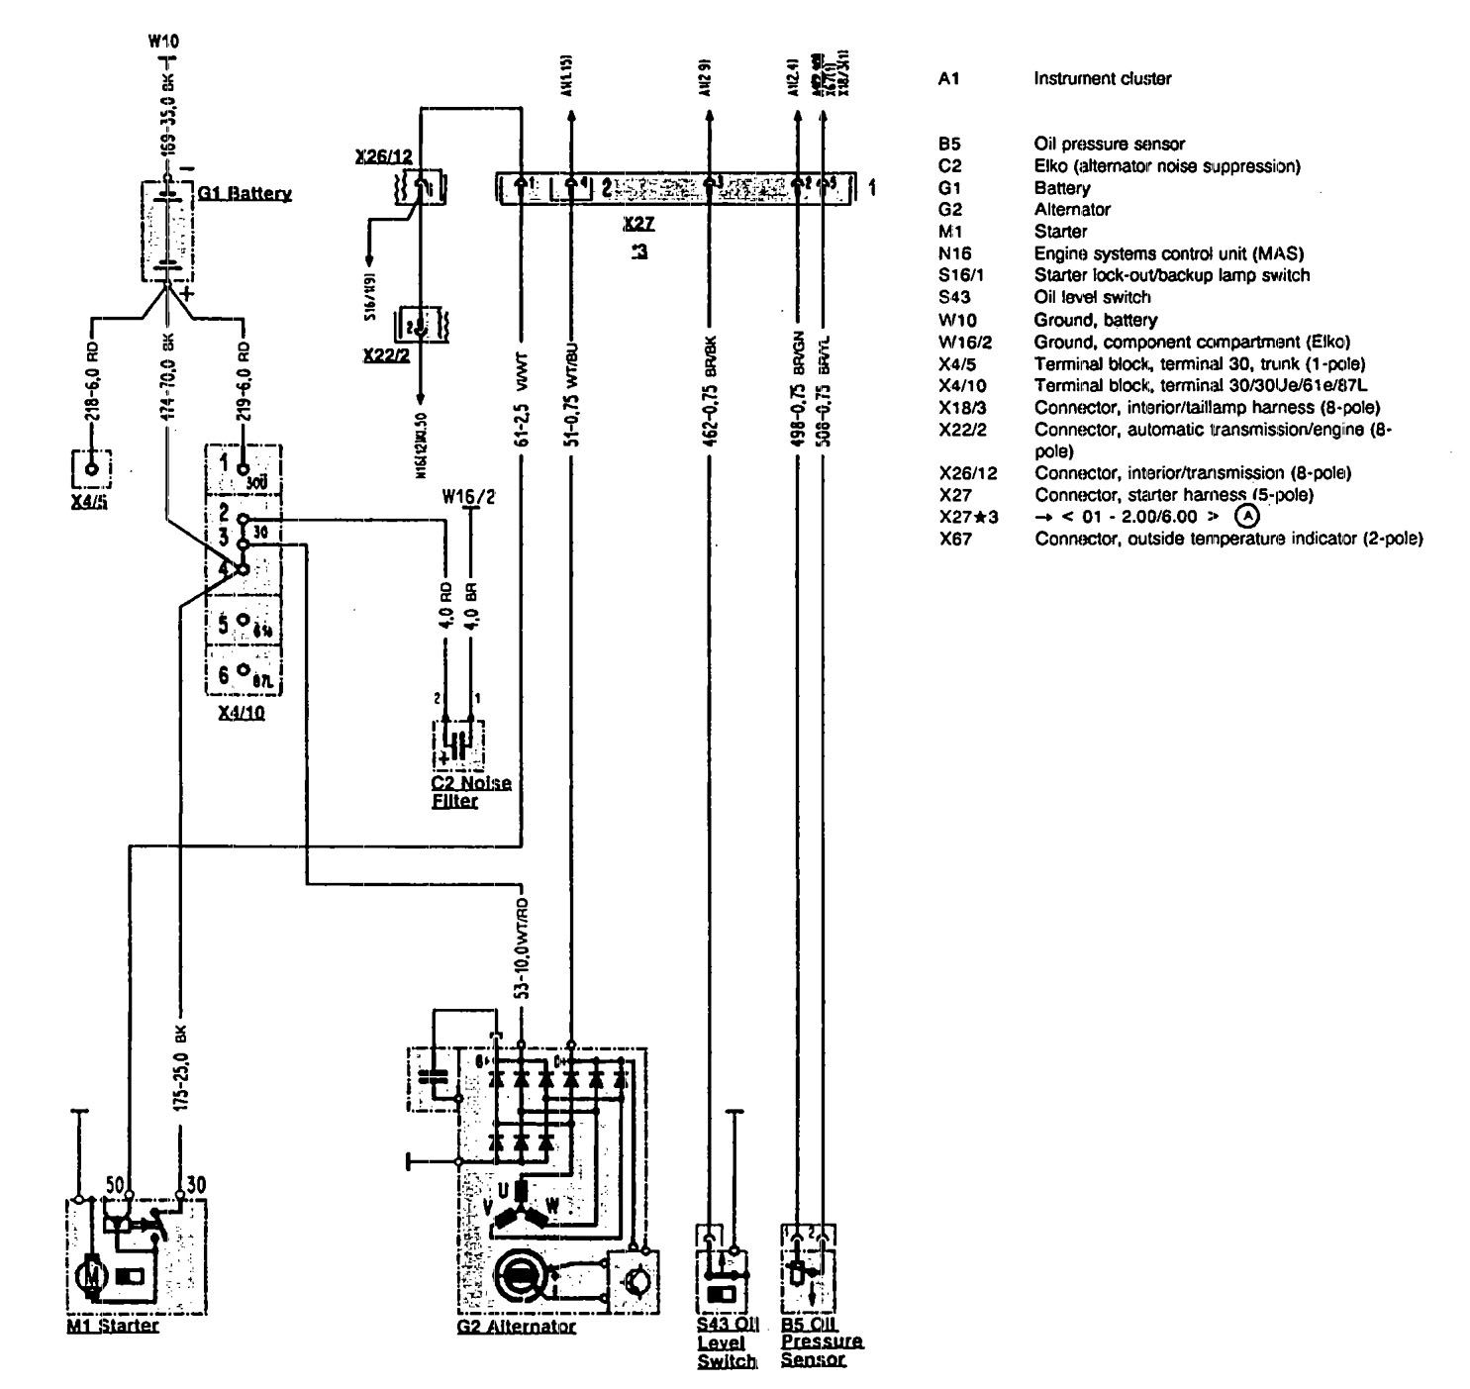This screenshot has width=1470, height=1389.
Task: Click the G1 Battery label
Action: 245,194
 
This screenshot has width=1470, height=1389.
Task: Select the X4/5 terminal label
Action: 90,502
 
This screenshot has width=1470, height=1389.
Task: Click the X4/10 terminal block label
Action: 242,713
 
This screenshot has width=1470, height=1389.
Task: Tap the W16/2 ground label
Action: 469,496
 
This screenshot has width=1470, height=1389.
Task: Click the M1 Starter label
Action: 112,1326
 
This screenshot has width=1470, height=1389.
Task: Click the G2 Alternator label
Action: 516,1327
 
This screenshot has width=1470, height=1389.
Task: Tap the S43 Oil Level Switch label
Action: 727,1344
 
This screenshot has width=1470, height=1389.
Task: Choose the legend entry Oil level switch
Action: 1089,297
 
